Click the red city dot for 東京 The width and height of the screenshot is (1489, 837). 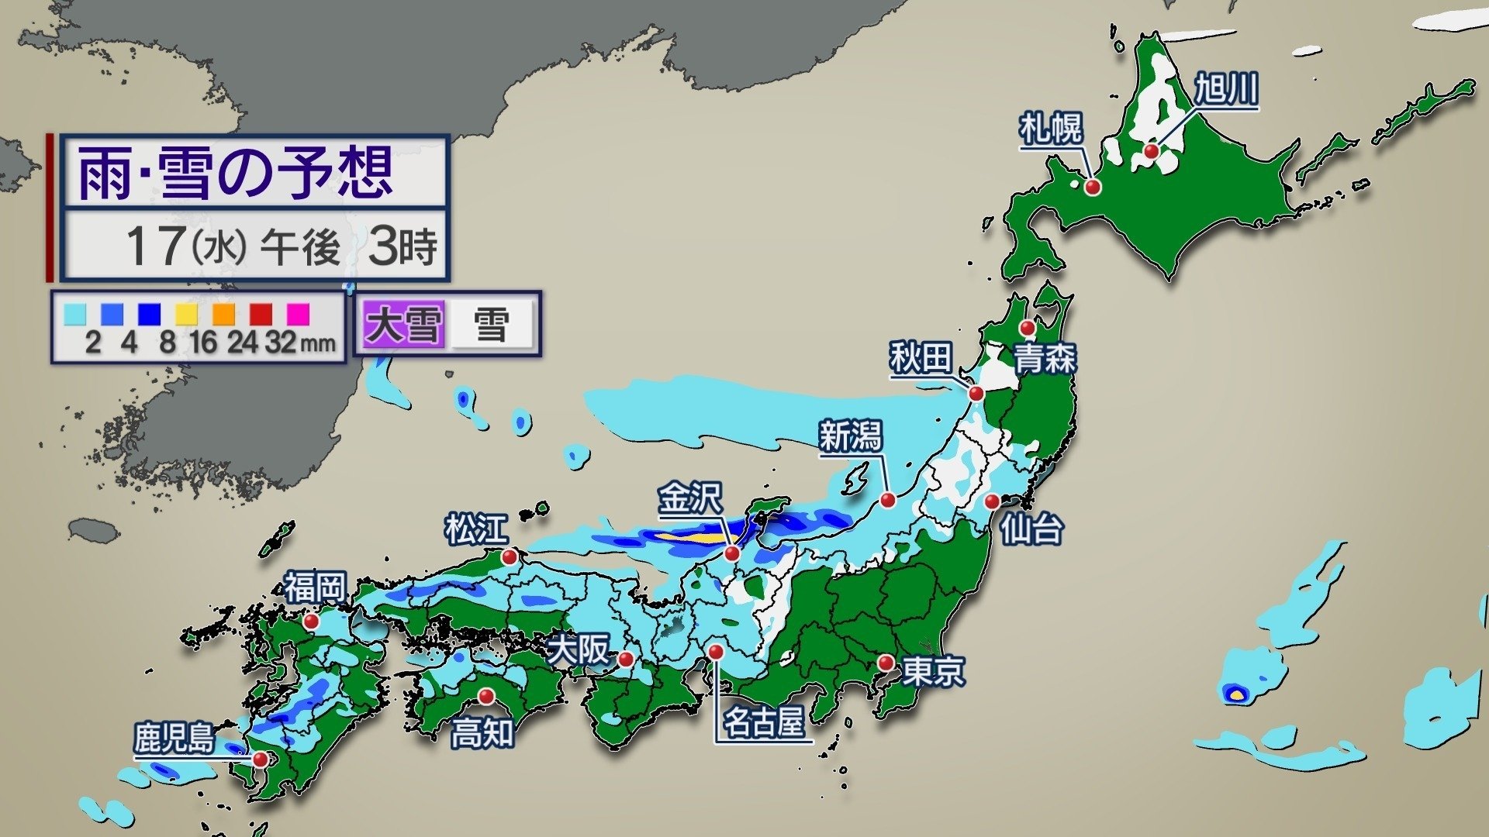click(886, 663)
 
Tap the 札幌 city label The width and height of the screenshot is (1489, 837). click(1051, 129)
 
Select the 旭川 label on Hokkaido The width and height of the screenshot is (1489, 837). click(1225, 90)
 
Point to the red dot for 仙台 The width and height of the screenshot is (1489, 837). click(992, 501)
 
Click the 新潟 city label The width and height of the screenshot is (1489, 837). click(851, 436)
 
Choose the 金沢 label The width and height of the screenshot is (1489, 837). click(690, 498)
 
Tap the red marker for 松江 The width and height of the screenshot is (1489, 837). click(510, 556)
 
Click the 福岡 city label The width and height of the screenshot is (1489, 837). click(314, 588)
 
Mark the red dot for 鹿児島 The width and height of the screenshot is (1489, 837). click(260, 759)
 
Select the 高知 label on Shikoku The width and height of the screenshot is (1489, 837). click(482, 732)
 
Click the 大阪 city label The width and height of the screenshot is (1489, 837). click(579, 649)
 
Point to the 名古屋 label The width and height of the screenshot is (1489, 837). click(763, 723)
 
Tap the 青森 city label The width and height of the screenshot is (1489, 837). click(1045, 359)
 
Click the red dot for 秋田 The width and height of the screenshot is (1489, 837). click(976, 394)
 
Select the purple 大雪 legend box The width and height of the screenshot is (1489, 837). click(403, 324)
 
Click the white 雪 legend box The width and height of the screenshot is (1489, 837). click(492, 324)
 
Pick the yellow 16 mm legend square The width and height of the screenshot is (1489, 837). click(186, 314)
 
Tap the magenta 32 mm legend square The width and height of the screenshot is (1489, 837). click(299, 314)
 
